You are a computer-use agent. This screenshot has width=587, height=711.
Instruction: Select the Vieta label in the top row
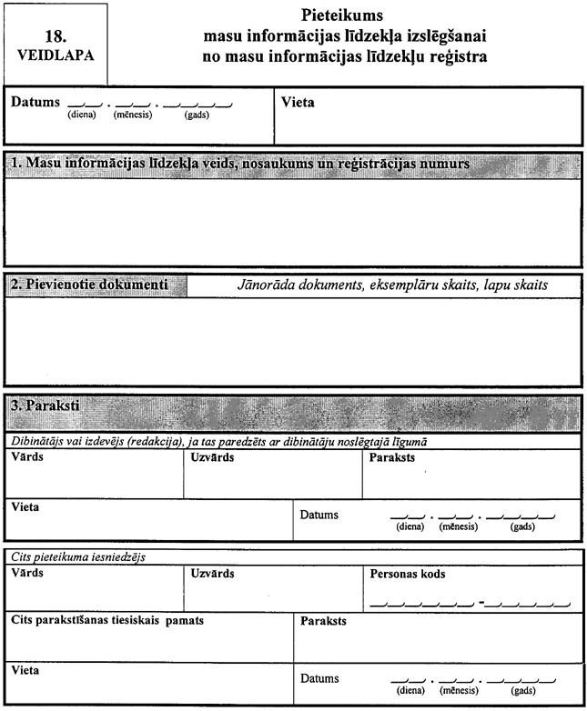click(x=299, y=103)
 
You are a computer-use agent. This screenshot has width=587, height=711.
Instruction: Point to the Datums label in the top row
click(x=35, y=103)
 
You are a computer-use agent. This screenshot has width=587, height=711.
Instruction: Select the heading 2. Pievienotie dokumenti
click(x=88, y=284)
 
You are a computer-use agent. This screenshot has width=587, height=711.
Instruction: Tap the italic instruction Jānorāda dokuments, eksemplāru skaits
click(x=383, y=285)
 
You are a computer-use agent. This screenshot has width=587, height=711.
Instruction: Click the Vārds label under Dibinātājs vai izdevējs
click(x=26, y=456)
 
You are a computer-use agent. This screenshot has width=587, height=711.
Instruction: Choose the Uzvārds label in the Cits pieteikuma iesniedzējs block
click(x=212, y=574)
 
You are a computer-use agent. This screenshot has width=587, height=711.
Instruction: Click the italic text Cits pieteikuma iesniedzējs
click(x=79, y=556)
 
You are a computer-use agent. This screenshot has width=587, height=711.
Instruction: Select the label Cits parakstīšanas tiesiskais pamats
click(x=107, y=620)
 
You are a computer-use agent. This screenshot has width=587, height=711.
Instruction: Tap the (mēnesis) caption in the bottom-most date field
click(x=457, y=691)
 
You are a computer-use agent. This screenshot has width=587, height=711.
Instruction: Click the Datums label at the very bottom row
click(x=319, y=678)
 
